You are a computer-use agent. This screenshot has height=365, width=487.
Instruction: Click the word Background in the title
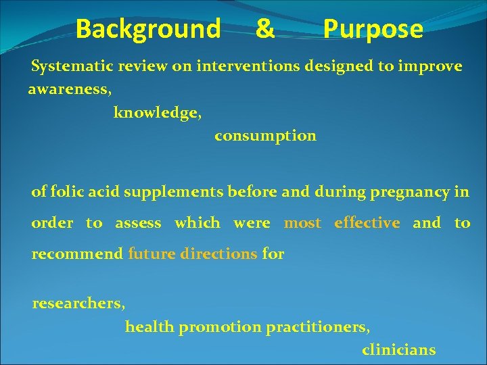coord(147,29)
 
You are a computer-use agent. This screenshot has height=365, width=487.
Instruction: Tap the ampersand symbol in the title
coord(265,29)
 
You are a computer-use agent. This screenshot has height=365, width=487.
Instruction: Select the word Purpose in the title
coord(373,30)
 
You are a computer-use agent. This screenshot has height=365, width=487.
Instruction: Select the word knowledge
coord(157,112)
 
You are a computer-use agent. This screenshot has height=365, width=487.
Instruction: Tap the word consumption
coord(265,136)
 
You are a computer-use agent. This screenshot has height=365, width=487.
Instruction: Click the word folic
coord(66,192)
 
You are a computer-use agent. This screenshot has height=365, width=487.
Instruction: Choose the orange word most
coord(302,223)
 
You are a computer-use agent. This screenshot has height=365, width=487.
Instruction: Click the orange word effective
coord(367,223)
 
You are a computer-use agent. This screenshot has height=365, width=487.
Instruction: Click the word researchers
coord(78,303)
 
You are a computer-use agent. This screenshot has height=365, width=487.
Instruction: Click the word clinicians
coord(398,350)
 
